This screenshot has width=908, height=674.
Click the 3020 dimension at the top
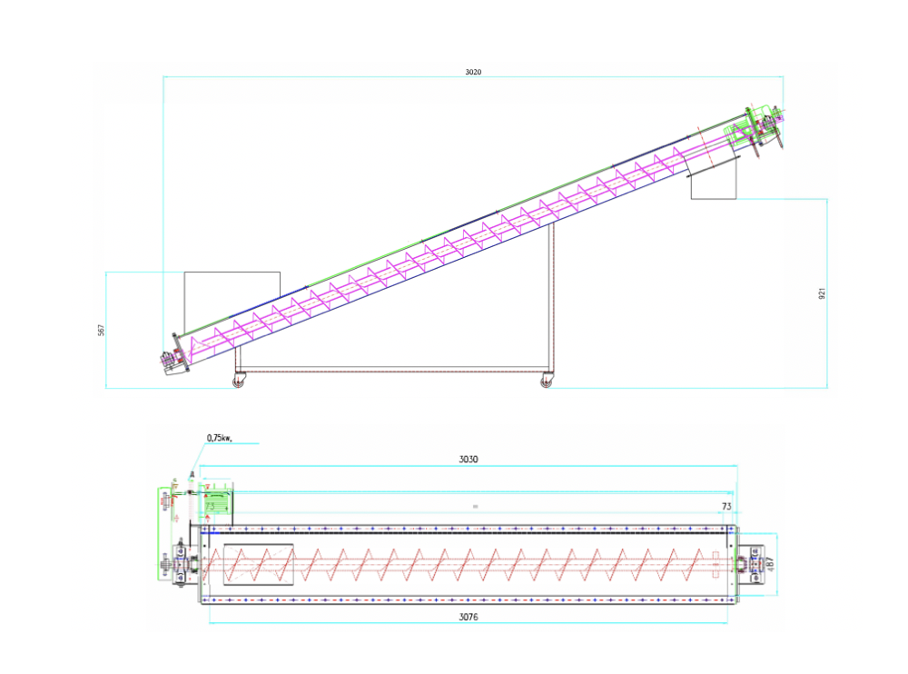tap(473, 72)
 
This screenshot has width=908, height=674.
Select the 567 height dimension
tap(102, 330)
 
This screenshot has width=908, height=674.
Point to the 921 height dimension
tap(822, 293)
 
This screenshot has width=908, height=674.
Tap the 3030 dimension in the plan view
tap(468, 460)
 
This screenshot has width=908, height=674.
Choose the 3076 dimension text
tap(468, 617)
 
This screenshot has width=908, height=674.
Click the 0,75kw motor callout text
tap(220, 438)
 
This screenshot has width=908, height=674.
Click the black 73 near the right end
tap(726, 504)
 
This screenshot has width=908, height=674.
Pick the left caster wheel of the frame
tap(239, 382)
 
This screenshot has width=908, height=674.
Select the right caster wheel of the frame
tap(546, 382)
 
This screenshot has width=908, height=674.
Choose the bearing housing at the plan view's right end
tap(753, 562)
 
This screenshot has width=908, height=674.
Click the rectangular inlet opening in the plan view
tap(259, 563)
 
